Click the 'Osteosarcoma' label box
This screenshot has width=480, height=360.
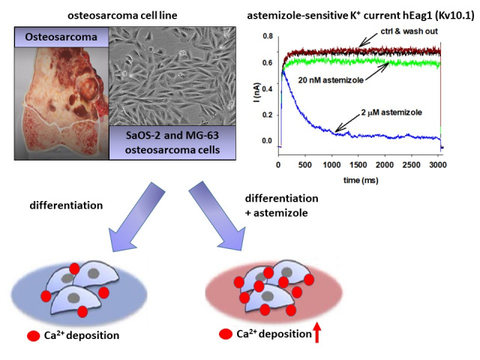(x=61, y=37)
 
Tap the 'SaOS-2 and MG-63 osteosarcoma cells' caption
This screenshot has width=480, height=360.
(x=172, y=142)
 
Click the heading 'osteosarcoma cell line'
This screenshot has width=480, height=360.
(x=122, y=15)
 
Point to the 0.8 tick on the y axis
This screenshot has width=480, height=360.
(x=268, y=36)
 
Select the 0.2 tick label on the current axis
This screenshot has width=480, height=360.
(x=268, y=115)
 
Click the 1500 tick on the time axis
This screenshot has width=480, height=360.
(x=358, y=165)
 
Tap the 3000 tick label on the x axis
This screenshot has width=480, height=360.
(x=438, y=165)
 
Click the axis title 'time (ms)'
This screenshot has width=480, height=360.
(x=361, y=180)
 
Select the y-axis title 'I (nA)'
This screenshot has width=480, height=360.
(x=257, y=92)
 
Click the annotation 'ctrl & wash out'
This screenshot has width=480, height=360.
(x=409, y=31)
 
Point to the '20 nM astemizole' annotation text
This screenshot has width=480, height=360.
(x=331, y=80)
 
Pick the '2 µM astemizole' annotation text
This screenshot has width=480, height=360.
(x=391, y=112)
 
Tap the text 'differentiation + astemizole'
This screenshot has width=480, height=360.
(x=281, y=205)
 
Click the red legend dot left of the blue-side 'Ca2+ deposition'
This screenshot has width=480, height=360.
(x=33, y=336)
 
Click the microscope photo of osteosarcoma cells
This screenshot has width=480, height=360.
(x=172, y=76)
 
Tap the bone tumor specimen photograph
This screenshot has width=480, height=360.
(x=61, y=103)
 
